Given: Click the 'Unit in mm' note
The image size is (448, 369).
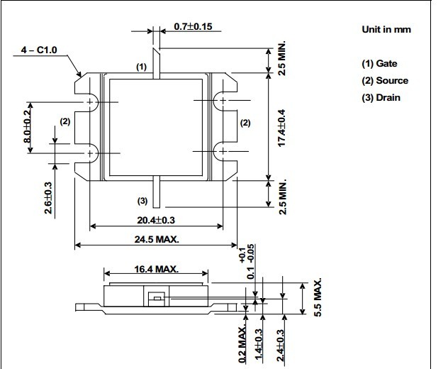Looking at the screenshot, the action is click(386, 30).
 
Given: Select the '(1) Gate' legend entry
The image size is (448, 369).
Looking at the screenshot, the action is click(379, 63).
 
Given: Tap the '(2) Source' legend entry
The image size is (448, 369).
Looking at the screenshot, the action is click(385, 81).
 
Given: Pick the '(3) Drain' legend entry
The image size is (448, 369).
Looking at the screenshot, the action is click(381, 98).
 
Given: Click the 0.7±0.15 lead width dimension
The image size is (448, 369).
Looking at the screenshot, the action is click(193, 26).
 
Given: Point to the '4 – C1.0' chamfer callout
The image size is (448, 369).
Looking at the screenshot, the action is click(39, 50).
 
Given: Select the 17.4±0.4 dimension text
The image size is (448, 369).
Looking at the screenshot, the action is click(281, 128).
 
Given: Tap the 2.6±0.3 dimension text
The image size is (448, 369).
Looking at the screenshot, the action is click(48, 198).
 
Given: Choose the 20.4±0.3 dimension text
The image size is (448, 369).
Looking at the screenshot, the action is click(156, 220).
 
